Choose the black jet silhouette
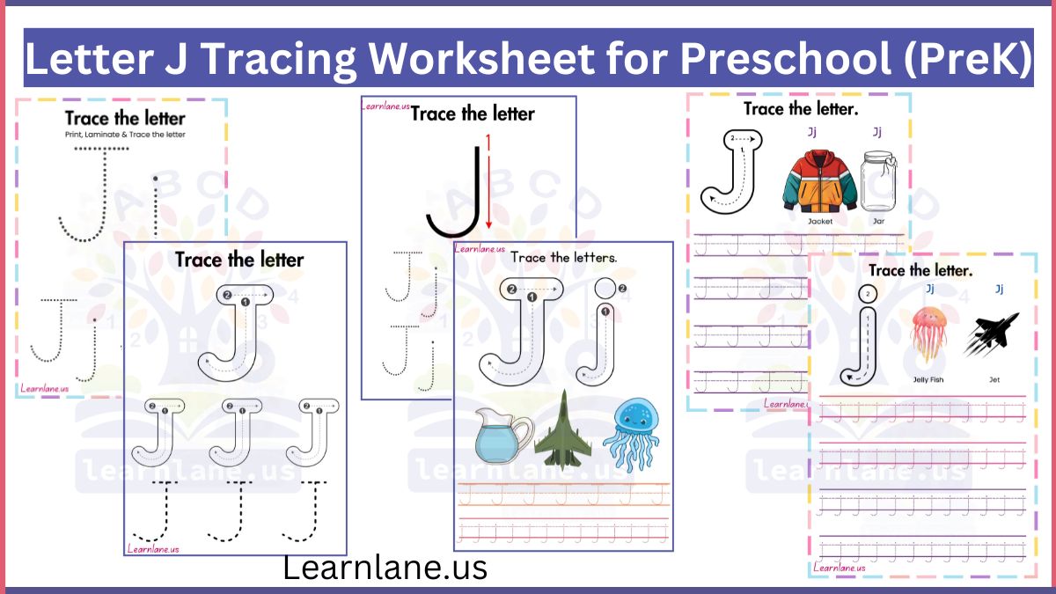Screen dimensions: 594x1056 [x=991, y=334]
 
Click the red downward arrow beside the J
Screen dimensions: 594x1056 [x=488, y=186]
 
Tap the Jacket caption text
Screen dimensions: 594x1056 [x=819, y=222]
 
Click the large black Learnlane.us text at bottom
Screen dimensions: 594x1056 [x=385, y=568]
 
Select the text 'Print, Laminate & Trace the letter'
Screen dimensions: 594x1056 [x=124, y=135]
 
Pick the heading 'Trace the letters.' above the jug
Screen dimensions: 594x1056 [x=563, y=258]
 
